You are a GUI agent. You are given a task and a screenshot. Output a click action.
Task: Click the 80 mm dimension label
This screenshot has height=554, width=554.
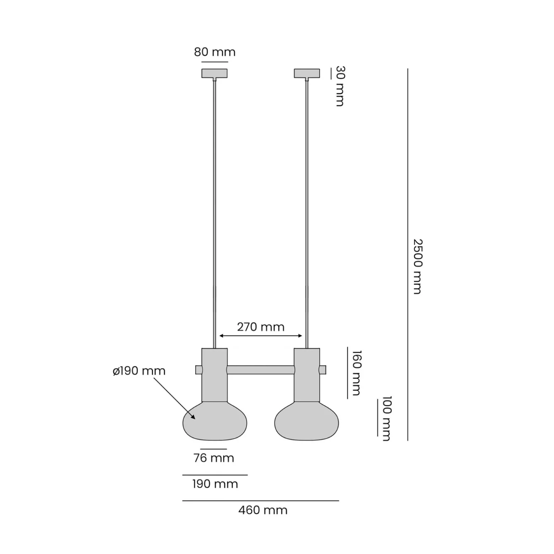214,52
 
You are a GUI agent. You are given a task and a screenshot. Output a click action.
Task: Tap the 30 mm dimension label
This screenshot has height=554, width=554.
340,86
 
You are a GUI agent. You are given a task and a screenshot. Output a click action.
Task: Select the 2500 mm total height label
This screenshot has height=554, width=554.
418,267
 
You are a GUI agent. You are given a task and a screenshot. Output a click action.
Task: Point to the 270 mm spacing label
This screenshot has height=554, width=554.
261,327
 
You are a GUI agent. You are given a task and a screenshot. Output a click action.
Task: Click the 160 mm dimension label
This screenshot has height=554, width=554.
357,373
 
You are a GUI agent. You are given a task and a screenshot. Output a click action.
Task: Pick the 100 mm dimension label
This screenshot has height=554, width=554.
386,418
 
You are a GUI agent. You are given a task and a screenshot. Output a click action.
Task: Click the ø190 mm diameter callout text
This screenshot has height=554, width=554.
139,371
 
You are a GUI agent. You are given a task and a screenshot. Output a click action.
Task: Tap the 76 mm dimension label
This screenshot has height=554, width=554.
214,458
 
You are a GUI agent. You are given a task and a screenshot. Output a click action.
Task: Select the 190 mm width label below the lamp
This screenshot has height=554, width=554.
215,484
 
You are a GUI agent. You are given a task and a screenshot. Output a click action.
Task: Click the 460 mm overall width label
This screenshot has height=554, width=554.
263,510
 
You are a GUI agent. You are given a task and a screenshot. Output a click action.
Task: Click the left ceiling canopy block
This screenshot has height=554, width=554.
214,73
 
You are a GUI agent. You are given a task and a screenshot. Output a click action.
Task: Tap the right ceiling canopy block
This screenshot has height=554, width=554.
307,73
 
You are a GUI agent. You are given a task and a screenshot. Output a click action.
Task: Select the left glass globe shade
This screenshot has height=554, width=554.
215,421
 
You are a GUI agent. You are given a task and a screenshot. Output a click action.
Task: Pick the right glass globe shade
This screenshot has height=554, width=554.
307,421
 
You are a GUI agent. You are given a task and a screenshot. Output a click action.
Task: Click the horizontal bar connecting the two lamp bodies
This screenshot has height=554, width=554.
261,370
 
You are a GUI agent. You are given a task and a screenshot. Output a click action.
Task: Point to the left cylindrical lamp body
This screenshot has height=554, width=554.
214,375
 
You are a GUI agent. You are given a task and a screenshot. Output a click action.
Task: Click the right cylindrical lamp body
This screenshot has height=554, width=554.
307,375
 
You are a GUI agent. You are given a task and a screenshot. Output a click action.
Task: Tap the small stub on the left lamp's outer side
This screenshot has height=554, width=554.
199,370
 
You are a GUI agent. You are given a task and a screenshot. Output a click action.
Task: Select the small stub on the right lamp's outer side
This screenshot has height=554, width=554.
322,370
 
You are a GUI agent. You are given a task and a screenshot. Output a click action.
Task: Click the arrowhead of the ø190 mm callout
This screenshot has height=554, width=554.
193,417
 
